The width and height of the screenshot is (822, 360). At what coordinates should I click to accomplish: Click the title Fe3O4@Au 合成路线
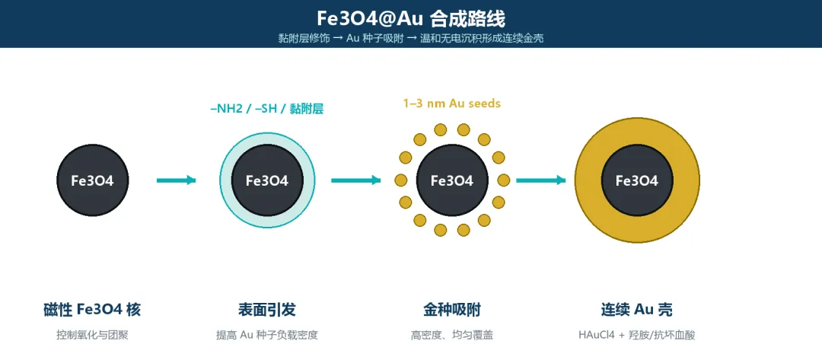tap(411, 19)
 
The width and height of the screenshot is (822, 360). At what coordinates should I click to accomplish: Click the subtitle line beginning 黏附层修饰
tap(411, 39)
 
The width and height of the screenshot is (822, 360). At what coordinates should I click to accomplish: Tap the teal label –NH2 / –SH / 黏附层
tap(267, 110)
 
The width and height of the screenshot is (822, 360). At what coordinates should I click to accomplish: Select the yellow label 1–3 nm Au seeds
tap(452, 104)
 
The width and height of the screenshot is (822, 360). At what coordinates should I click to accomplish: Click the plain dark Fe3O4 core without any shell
tap(92, 180)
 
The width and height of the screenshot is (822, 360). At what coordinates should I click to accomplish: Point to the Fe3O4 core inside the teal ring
tap(267, 180)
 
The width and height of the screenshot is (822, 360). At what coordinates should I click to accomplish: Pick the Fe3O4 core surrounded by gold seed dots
tap(452, 180)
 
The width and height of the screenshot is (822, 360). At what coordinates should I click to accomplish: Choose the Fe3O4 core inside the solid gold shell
tap(637, 180)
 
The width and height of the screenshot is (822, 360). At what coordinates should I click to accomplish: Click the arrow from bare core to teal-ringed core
tap(176, 180)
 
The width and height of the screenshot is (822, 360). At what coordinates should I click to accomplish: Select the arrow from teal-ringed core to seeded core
tap(356, 180)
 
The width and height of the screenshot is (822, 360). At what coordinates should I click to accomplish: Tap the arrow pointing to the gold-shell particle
tap(541, 180)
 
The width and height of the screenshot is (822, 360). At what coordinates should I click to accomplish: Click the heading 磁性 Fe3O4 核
tap(92, 310)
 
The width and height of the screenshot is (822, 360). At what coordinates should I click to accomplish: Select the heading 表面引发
tap(267, 310)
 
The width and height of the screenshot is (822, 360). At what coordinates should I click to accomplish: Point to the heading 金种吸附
tap(452, 310)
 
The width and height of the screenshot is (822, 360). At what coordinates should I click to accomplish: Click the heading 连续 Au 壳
tap(637, 310)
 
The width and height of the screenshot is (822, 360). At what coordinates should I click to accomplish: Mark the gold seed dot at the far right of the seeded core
tap(503, 180)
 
